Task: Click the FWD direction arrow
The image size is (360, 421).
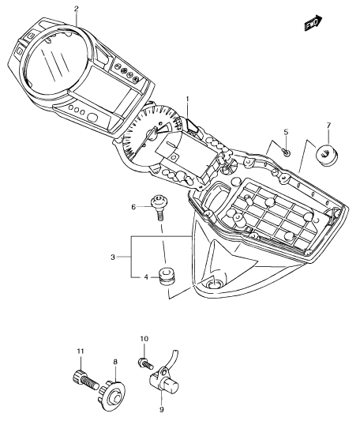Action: [x=313, y=23]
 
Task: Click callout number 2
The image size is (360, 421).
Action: [x=77, y=9]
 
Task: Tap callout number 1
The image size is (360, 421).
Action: [x=188, y=99]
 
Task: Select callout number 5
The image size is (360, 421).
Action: [x=286, y=132]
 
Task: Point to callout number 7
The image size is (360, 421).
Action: [x=328, y=125]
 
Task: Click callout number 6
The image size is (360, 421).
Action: [x=133, y=207]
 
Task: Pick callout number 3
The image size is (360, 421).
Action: [x=113, y=257]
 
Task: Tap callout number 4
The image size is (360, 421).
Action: [x=146, y=276]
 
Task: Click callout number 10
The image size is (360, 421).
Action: [x=144, y=339]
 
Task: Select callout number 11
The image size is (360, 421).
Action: [x=81, y=351]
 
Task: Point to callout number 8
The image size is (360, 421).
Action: [x=115, y=362]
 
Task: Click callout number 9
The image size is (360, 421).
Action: [x=161, y=417]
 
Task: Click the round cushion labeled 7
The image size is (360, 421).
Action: [x=326, y=155]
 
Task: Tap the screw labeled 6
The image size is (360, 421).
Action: [x=158, y=207]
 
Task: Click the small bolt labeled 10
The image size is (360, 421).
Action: [x=145, y=363]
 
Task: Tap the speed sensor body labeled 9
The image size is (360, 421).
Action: [x=163, y=382]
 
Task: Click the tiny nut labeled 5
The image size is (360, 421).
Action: [x=286, y=152]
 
